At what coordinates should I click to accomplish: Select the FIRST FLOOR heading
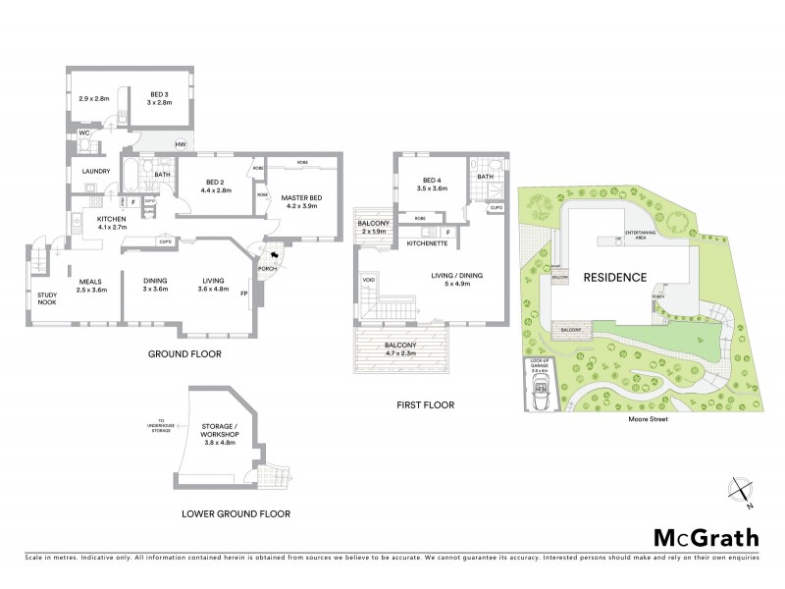pyautogui.click(x=425, y=404)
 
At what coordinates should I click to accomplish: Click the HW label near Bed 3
pyautogui.click(x=181, y=145)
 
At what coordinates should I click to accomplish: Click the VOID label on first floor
pyautogui.click(x=368, y=280)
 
